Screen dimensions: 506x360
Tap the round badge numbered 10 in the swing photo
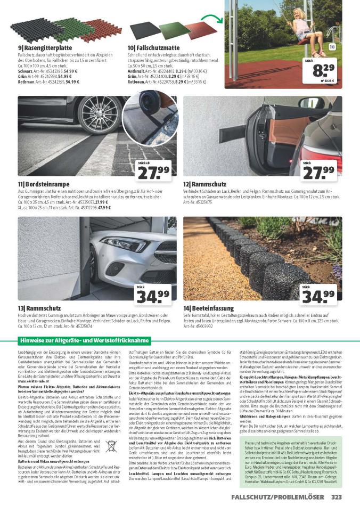click(332, 47)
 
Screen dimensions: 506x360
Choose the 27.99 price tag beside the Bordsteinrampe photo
click(155, 170)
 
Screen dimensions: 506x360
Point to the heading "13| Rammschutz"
click(38, 308)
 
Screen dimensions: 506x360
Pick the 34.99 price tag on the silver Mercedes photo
click(154, 295)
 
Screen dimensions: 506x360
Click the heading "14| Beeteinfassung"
click(209, 308)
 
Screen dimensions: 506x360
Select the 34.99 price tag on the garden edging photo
click(318, 295)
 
